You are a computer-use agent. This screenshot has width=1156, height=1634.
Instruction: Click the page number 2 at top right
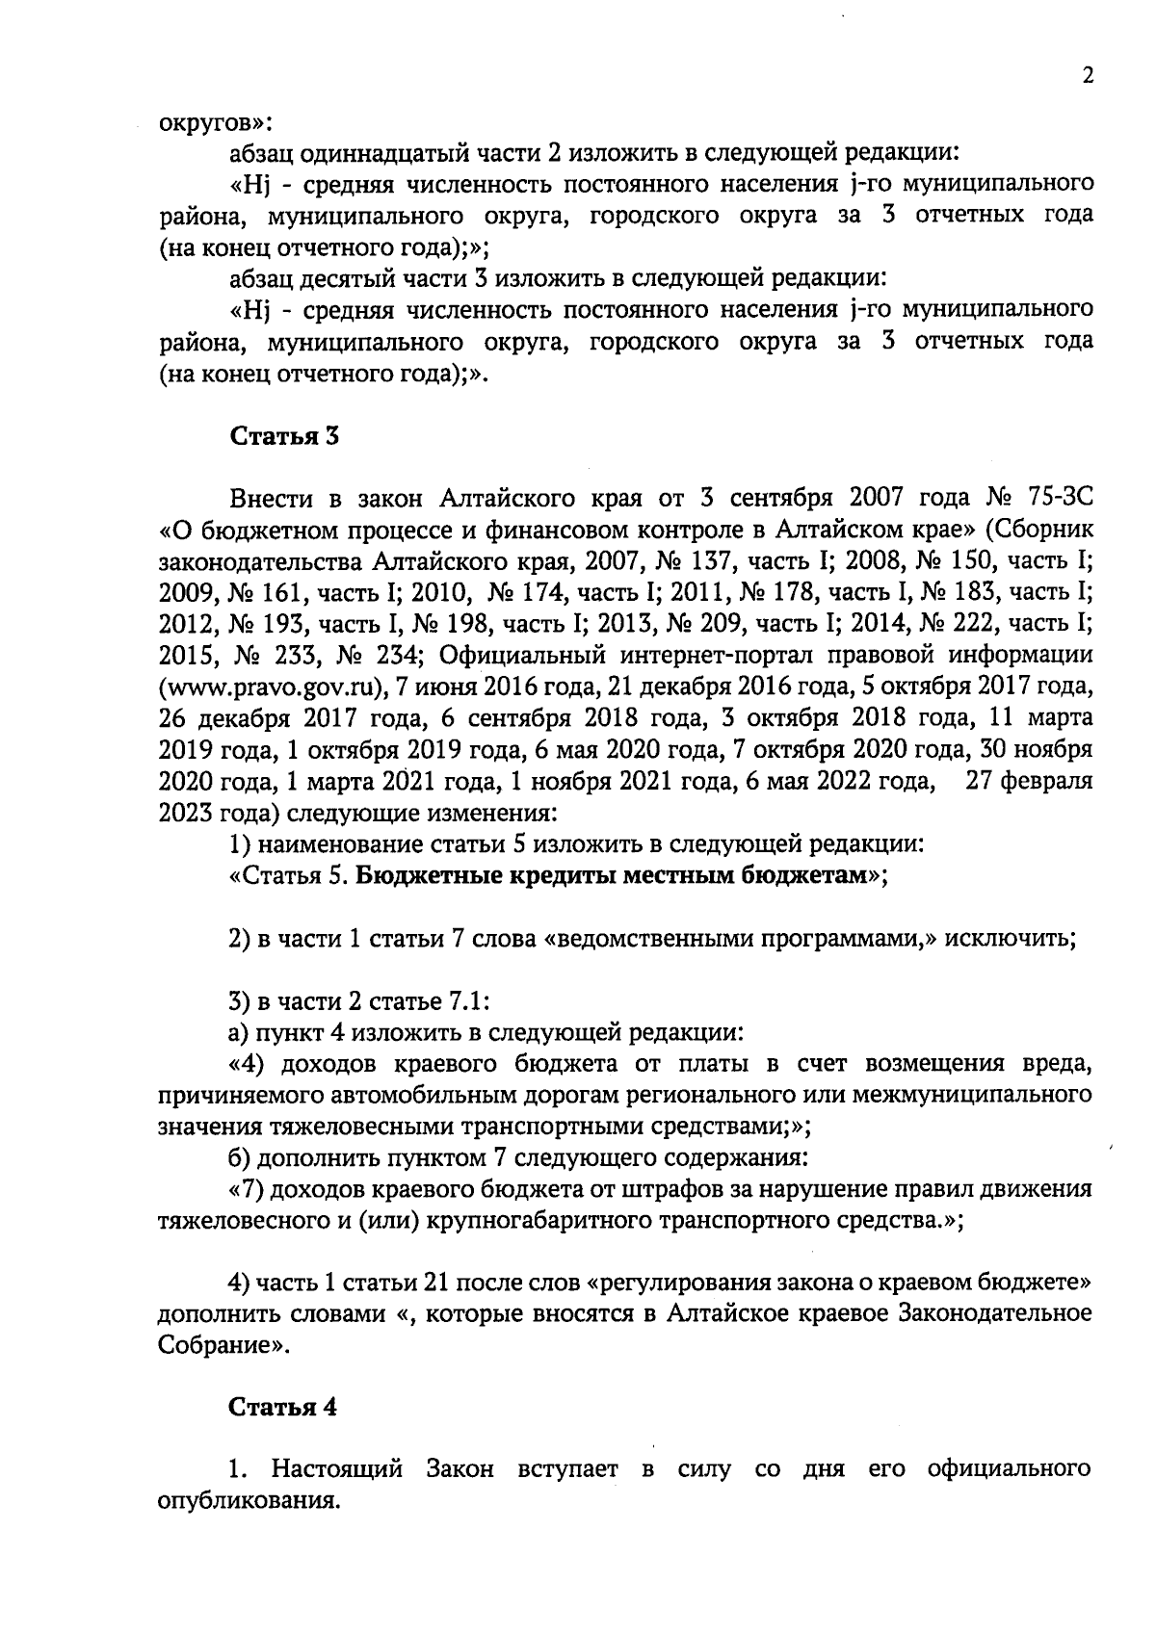(x=1088, y=77)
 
